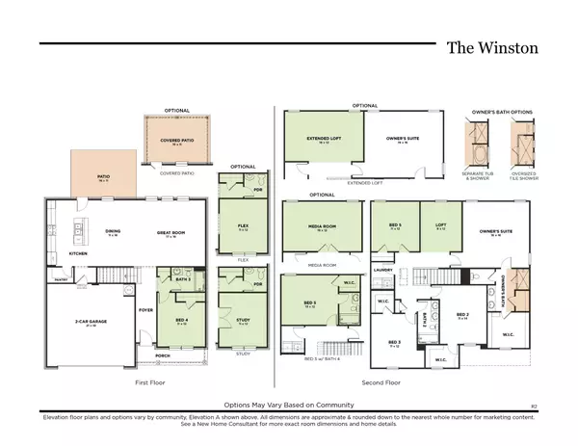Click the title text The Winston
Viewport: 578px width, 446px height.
pyautogui.click(x=493, y=47)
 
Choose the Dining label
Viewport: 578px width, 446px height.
pyautogui.click(x=112, y=232)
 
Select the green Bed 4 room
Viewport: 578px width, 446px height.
pyautogui.click(x=182, y=324)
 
